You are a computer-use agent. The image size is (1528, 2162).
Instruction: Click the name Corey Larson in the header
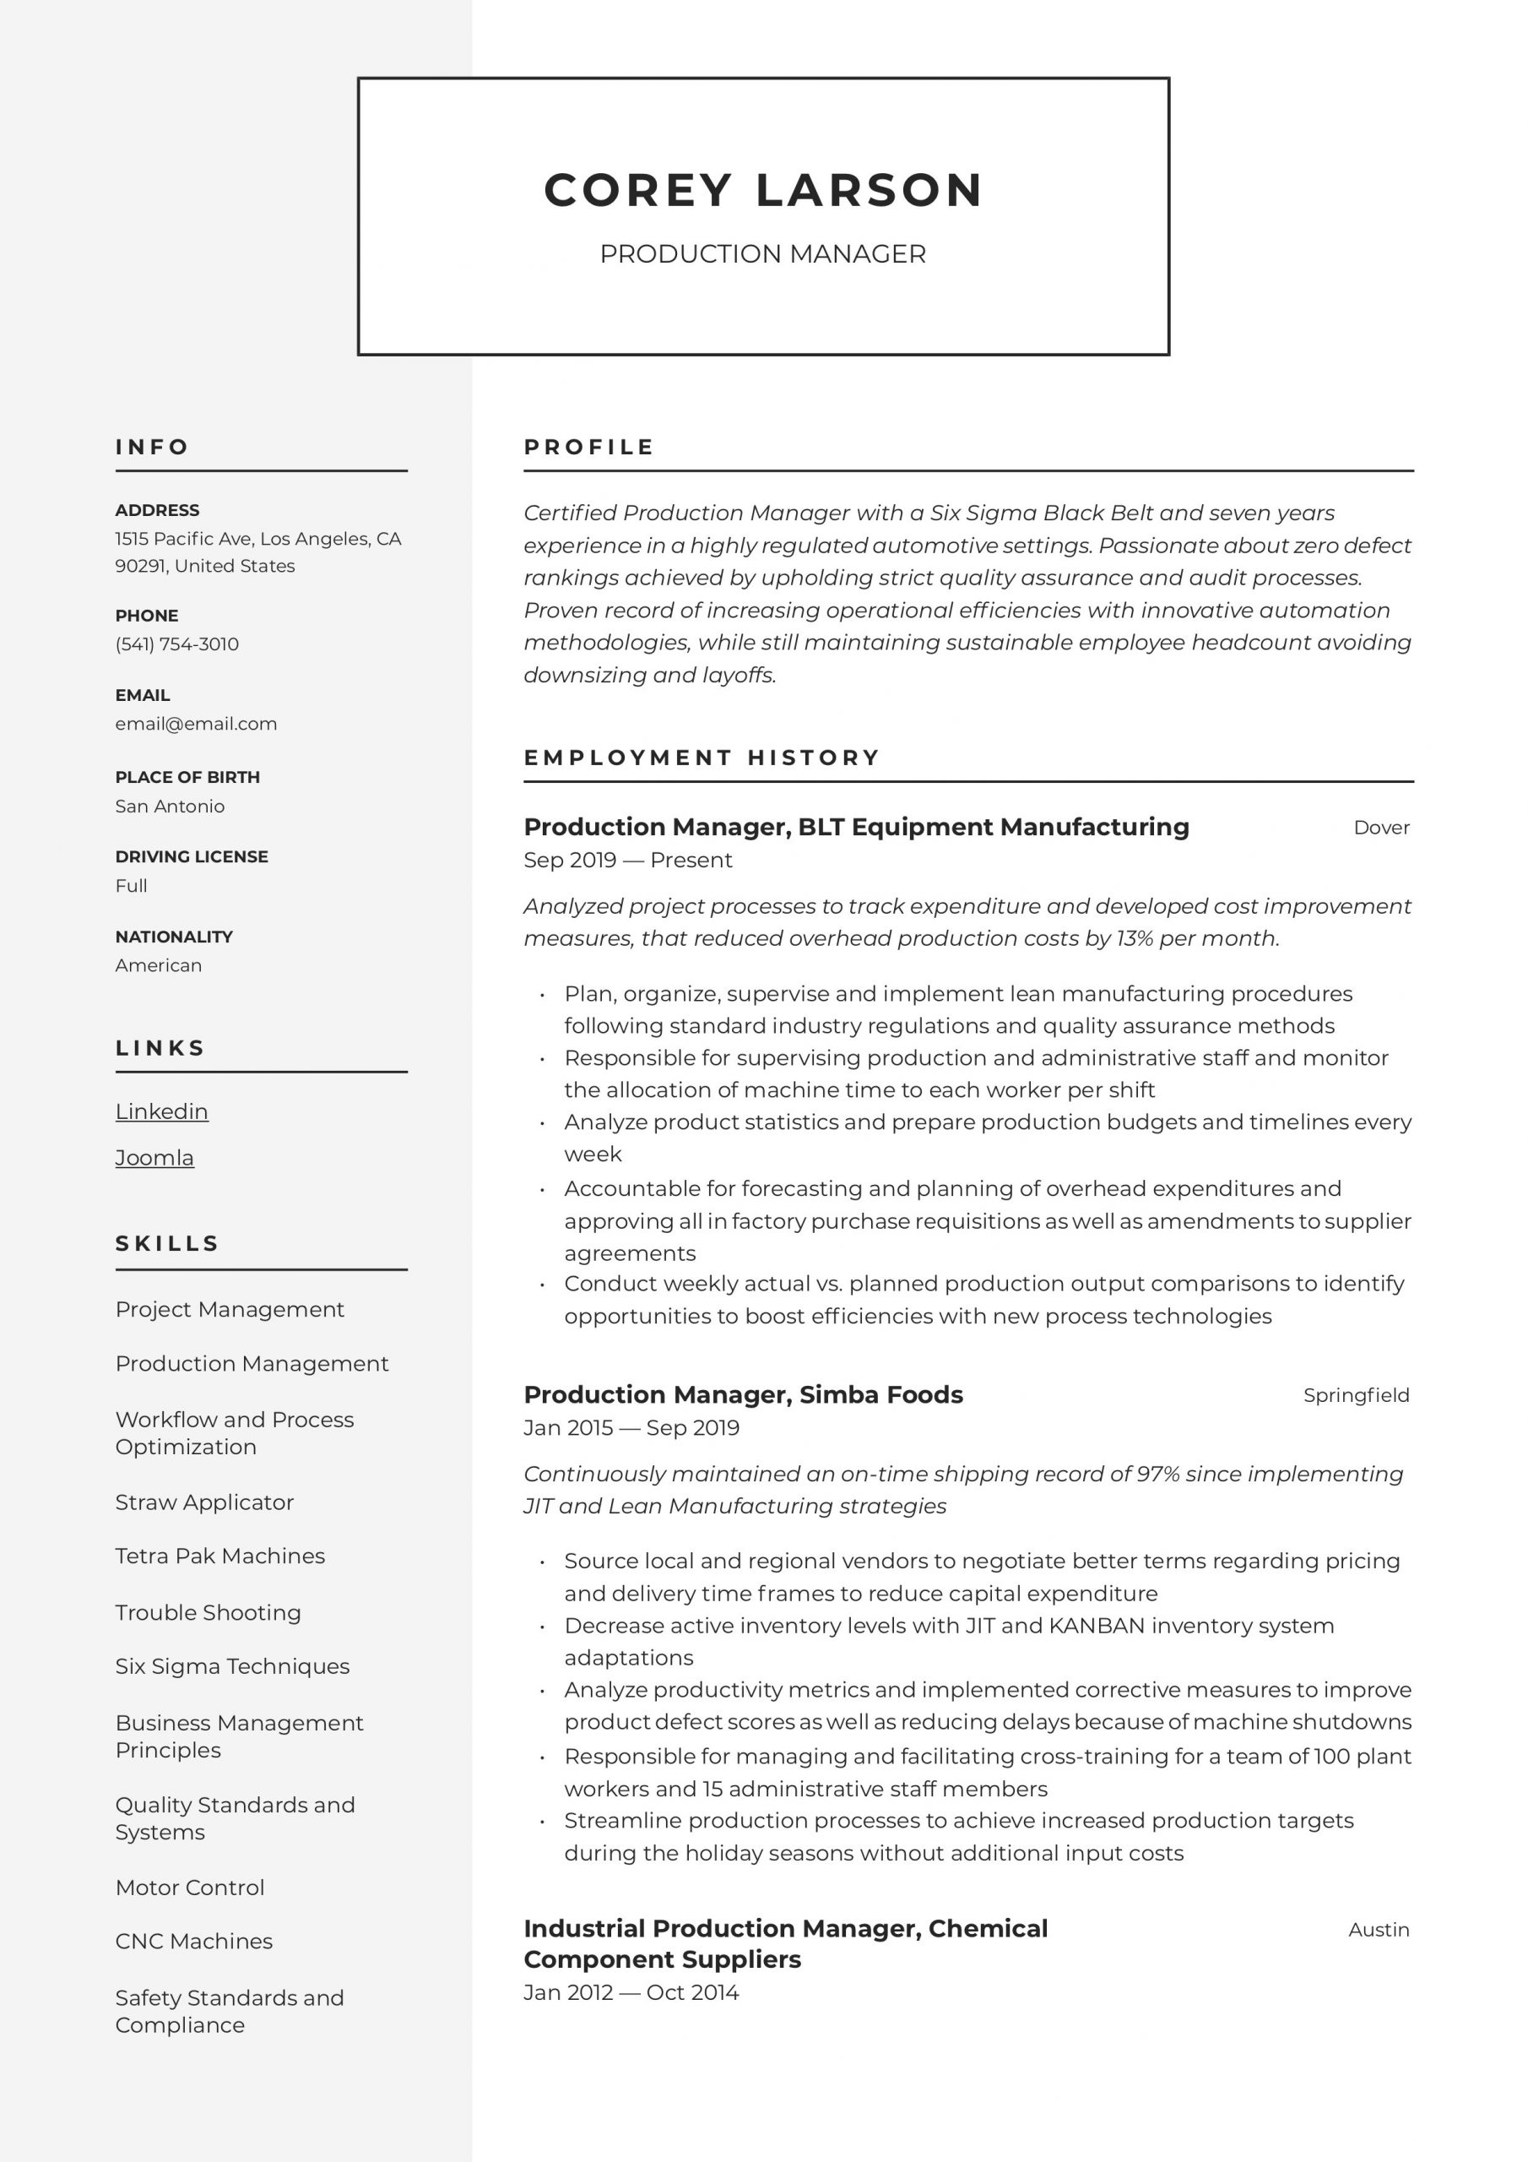[762, 189]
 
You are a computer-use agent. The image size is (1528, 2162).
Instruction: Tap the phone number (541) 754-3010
[177, 644]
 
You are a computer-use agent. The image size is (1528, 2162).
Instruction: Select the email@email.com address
[196, 723]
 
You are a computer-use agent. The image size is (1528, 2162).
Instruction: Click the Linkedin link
[162, 1111]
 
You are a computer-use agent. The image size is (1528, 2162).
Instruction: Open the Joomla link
[154, 1157]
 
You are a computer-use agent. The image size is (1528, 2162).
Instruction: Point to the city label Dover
[1380, 827]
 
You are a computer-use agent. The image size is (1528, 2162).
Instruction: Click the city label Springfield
[1356, 1394]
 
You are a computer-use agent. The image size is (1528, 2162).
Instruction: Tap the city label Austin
[1379, 1930]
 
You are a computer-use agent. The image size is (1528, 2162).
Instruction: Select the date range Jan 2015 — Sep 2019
[631, 1427]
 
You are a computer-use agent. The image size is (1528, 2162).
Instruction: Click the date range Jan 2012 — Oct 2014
[631, 1992]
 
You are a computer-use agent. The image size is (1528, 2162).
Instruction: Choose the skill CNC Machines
[194, 1941]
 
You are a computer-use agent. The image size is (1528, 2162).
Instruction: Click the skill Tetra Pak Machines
[220, 1556]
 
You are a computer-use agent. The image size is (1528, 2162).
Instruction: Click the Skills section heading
[166, 1243]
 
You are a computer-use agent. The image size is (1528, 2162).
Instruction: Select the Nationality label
[173, 936]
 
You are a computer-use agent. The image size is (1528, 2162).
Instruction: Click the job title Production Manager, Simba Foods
[743, 1394]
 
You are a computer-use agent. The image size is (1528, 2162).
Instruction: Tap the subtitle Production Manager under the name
[762, 254]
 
